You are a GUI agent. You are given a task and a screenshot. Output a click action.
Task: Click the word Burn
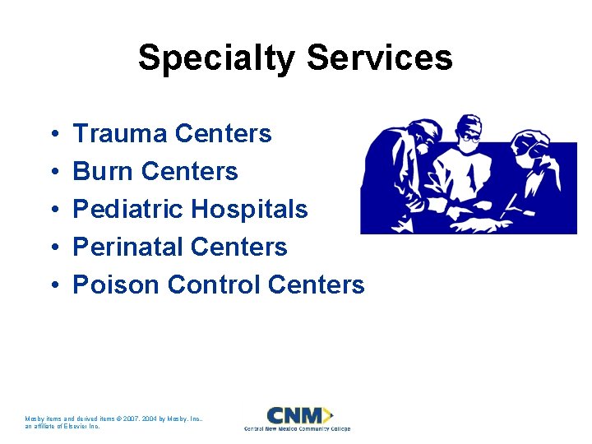point(104,171)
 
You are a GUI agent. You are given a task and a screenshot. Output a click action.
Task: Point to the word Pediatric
point(128,209)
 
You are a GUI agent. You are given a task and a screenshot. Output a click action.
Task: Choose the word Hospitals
point(249,209)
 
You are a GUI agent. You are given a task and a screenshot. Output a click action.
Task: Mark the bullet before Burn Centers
point(53,172)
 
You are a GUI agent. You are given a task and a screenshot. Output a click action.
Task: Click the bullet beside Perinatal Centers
point(53,247)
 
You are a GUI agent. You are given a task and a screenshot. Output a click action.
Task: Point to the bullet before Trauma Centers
point(53,134)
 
